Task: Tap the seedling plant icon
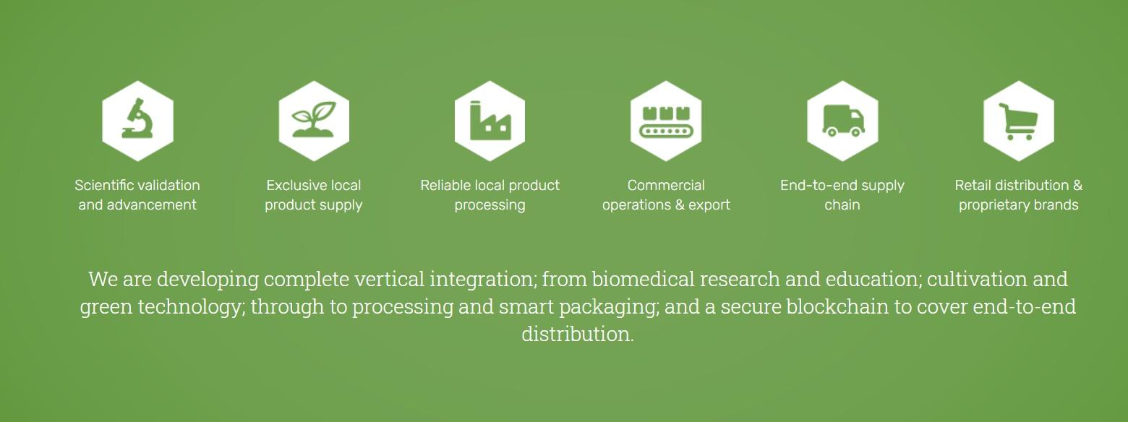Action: [313, 119]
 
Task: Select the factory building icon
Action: [490, 120]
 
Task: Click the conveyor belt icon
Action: [666, 121]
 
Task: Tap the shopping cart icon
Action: [1018, 121]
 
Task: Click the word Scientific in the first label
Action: [102, 185]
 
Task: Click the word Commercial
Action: [666, 185]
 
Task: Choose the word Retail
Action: [973, 185]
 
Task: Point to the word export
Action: [709, 204]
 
